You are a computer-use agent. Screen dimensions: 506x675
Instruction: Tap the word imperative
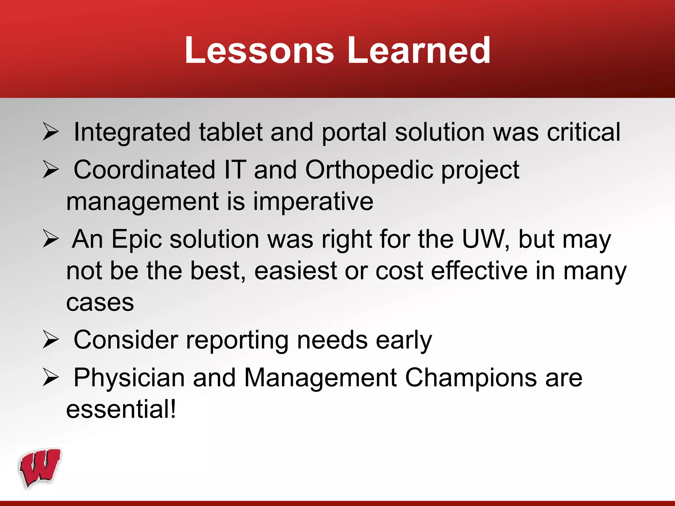pos(313,202)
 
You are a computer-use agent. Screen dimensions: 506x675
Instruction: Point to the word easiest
pos(295,271)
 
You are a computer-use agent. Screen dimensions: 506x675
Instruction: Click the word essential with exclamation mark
pos(121,409)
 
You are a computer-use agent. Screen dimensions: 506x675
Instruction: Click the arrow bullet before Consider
pos(51,340)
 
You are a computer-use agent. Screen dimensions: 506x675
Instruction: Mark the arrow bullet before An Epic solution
pos(51,239)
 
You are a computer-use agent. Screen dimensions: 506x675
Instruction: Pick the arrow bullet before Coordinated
pos(51,170)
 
